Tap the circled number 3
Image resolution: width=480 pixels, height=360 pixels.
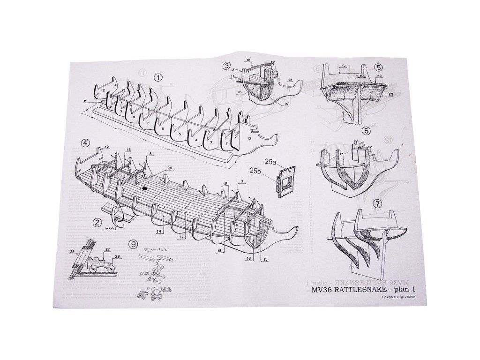pyautogui.click(x=227, y=66)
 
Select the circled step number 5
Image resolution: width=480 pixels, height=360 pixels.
pyautogui.click(x=378, y=67)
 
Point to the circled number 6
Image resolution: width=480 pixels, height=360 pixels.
pyautogui.click(x=366, y=132)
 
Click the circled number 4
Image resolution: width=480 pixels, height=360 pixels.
pyautogui.click(x=85, y=143)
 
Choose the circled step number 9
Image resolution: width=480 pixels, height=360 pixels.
pyautogui.click(x=134, y=244)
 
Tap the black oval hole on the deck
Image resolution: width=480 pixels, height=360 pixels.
pyautogui.click(x=144, y=188)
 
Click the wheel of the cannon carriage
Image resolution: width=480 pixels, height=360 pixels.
pyautogui.click(x=93, y=267)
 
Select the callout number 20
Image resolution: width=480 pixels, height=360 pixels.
pyautogui.click(x=169, y=168)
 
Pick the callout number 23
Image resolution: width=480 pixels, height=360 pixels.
pyautogui.click(x=390, y=94)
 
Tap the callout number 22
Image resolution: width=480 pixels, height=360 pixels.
pyautogui.click(x=379, y=75)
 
